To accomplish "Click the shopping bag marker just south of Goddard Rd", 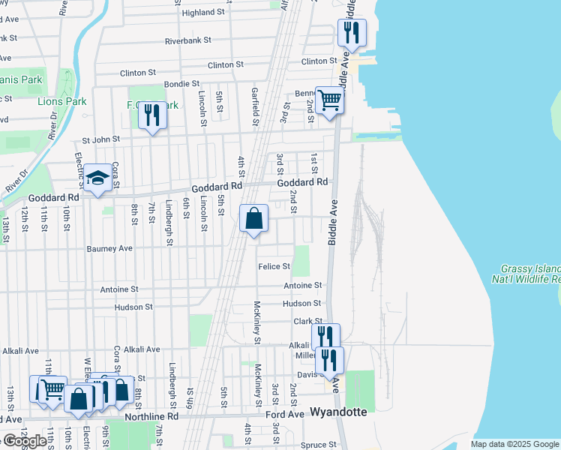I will [254, 219].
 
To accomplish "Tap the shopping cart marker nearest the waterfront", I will [330, 100].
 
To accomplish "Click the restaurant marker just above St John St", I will [152, 116].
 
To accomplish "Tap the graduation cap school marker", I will [97, 179].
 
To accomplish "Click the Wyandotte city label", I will [338, 412].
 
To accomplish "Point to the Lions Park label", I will [62, 101].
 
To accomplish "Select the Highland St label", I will [203, 13].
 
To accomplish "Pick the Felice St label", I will [274, 266].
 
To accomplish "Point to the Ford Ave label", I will [285, 414].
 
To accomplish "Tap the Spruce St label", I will [318, 445].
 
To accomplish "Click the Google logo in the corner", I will [25, 441].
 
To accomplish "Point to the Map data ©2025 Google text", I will [514, 444].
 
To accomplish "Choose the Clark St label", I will [307, 321].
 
